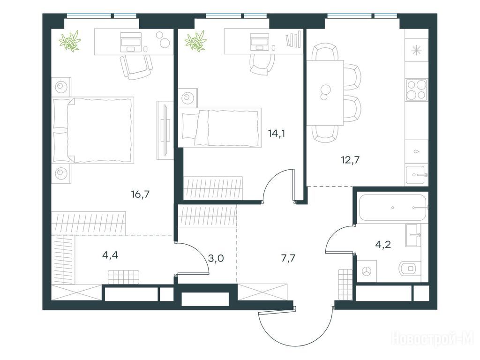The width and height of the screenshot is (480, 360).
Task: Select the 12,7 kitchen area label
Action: pyautogui.click(x=350, y=160)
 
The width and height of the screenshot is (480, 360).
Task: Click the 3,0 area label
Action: pyautogui.click(x=216, y=258)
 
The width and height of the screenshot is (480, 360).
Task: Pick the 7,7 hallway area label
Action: pyautogui.click(x=288, y=258)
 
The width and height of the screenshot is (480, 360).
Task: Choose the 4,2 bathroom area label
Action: pyautogui.click(x=383, y=244)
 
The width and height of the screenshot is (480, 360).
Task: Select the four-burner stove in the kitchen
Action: pyautogui.click(x=416, y=90)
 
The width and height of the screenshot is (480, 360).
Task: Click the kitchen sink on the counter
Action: pyautogui.click(x=415, y=175)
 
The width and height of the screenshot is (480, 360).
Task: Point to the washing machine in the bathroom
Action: pyautogui.click(x=367, y=270)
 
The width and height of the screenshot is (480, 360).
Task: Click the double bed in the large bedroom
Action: pyautogui.click(x=93, y=130)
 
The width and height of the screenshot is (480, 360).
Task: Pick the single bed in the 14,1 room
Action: pyautogui.click(x=220, y=127)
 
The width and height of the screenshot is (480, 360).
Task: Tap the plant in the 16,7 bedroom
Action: pyautogui.click(x=70, y=41)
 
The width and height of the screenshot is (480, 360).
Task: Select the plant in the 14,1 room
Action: pyautogui.click(x=195, y=41)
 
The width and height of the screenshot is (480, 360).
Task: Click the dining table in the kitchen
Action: pyautogui.click(x=325, y=92)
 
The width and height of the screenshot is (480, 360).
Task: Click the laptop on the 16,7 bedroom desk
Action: pyautogui.click(x=131, y=42)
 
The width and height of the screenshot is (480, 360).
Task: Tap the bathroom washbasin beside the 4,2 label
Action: pyautogui.click(x=413, y=235)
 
